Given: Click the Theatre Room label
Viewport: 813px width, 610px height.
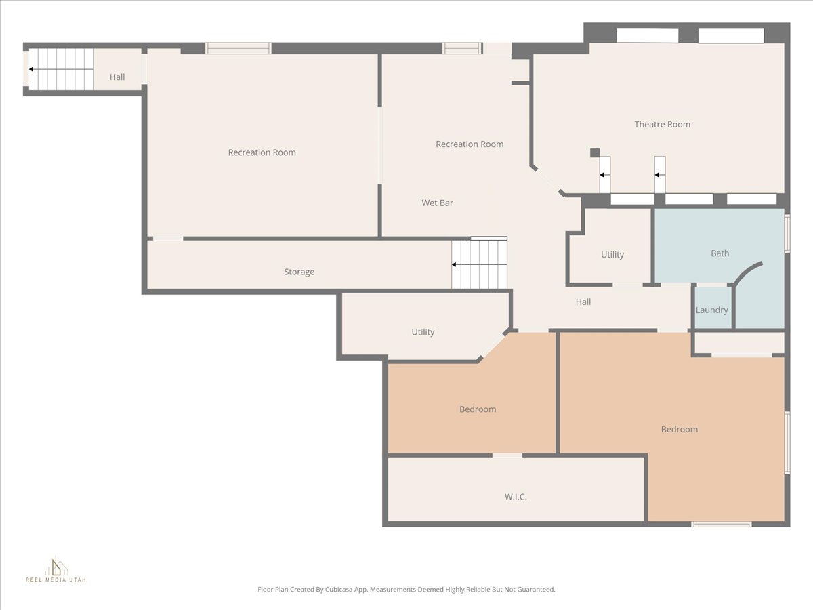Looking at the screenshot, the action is pyautogui.click(x=662, y=125).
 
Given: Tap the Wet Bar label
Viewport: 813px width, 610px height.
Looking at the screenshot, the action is pyautogui.click(x=438, y=203).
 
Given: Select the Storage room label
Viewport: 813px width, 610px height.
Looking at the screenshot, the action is pyautogui.click(x=299, y=272).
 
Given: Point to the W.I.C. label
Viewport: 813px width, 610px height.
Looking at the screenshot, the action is pyautogui.click(x=516, y=497).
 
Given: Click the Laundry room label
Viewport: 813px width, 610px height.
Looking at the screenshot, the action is pyautogui.click(x=712, y=310).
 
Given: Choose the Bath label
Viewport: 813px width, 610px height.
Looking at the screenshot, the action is pyautogui.click(x=720, y=253).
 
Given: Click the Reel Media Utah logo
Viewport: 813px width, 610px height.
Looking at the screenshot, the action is pyautogui.click(x=56, y=569).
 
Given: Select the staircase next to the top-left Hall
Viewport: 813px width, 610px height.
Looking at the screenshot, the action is pyautogui.click(x=61, y=69).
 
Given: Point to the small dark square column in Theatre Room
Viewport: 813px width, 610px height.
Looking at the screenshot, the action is pyautogui.click(x=595, y=152).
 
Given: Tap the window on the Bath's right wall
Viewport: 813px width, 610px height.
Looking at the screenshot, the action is pyautogui.click(x=787, y=234).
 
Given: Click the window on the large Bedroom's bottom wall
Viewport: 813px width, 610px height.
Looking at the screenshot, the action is pyautogui.click(x=722, y=524).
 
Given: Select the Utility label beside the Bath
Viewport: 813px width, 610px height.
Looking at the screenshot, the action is pyautogui.click(x=612, y=255).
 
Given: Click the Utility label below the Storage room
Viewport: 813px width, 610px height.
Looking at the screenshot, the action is pyautogui.click(x=423, y=332).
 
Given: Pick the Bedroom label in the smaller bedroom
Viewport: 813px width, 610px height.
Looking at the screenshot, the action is pyautogui.click(x=478, y=409).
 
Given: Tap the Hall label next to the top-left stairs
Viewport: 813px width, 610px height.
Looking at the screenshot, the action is pyautogui.click(x=117, y=77).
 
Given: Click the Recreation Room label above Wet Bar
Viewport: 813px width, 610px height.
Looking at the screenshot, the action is pyautogui.click(x=470, y=144).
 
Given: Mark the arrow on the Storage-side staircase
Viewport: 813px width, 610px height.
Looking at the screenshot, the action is pyautogui.click(x=479, y=264).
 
